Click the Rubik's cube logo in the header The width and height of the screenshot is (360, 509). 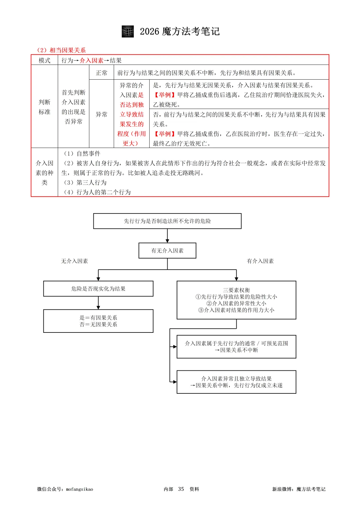click(128, 31)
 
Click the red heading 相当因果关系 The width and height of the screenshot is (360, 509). click(68, 50)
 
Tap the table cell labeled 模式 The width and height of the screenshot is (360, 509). click(44, 60)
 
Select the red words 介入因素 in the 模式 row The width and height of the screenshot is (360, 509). click(91, 60)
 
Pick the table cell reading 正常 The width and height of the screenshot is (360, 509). click(101, 73)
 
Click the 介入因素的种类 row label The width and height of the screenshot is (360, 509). click(44, 173)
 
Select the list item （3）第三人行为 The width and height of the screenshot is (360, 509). click(85, 183)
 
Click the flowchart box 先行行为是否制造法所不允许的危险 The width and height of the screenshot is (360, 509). click(167, 221)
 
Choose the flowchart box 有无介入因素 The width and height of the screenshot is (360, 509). click(167, 251)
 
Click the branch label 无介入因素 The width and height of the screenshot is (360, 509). click(74, 261)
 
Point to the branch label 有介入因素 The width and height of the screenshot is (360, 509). click(260, 261)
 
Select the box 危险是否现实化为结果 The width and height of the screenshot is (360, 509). click(98, 288)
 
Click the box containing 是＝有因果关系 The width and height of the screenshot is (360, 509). click(98, 321)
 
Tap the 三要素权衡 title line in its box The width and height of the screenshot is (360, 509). click(236, 290)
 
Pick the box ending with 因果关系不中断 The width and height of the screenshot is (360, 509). click(236, 346)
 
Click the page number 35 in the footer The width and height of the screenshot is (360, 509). click(181, 489)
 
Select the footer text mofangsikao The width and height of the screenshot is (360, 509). click(80, 489)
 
